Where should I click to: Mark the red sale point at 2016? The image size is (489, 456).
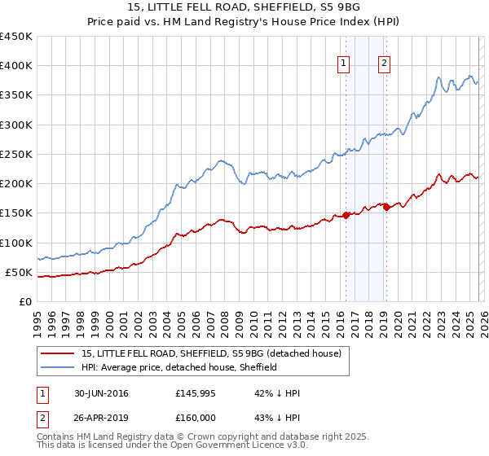[346, 215]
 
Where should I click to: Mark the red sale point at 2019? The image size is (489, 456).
[386, 207]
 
